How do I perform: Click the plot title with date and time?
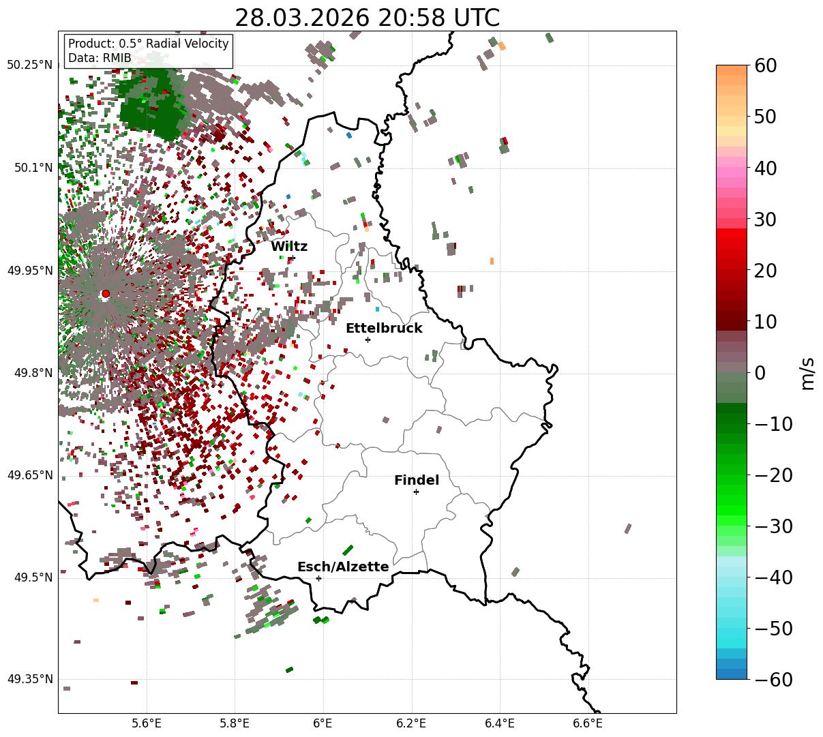point(367,18)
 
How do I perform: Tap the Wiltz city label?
point(289,246)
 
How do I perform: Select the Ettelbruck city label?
point(384,328)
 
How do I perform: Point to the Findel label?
point(417,480)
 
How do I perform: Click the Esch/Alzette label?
point(343,567)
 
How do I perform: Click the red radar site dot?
point(106,294)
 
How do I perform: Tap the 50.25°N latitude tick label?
point(29,65)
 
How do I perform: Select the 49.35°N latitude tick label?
point(29,679)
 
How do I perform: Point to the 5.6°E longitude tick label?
point(147,723)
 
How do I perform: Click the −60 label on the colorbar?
point(773,680)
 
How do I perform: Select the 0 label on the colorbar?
point(760,373)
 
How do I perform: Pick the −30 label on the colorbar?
point(773,526)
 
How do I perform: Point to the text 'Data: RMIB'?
point(100,59)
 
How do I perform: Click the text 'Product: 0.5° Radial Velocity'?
point(149,44)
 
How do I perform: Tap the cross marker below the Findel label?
point(416,492)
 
